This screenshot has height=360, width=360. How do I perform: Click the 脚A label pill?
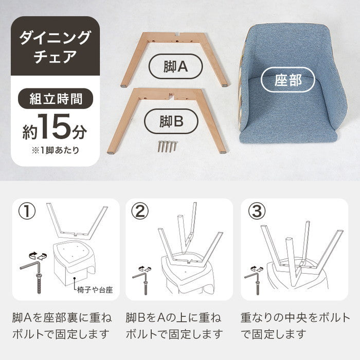coord(176,66)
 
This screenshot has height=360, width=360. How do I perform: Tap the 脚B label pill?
coord(171,121)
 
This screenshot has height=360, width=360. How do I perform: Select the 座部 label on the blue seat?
coord(288,80)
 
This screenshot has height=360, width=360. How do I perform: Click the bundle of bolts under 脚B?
coord(168,146)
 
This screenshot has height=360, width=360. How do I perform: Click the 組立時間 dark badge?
coord(56,99)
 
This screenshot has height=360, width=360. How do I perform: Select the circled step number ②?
coord(140,211)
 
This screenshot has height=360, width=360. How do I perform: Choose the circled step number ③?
coord(257,211)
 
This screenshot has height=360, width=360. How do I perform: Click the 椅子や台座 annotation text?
coord(95,290)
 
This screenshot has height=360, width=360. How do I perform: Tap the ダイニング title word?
coord(55,38)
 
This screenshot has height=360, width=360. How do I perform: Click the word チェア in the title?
coord(55,57)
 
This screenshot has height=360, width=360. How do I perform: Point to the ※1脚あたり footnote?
coord(56,150)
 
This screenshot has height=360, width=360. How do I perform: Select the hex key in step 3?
coord(253,274)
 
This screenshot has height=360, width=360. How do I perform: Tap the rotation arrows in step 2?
coord(145,268)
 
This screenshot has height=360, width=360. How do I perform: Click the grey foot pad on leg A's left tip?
coord(123,86)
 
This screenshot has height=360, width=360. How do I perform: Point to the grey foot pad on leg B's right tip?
coord(223,152)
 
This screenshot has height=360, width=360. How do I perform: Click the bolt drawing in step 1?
coord(39,283)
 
